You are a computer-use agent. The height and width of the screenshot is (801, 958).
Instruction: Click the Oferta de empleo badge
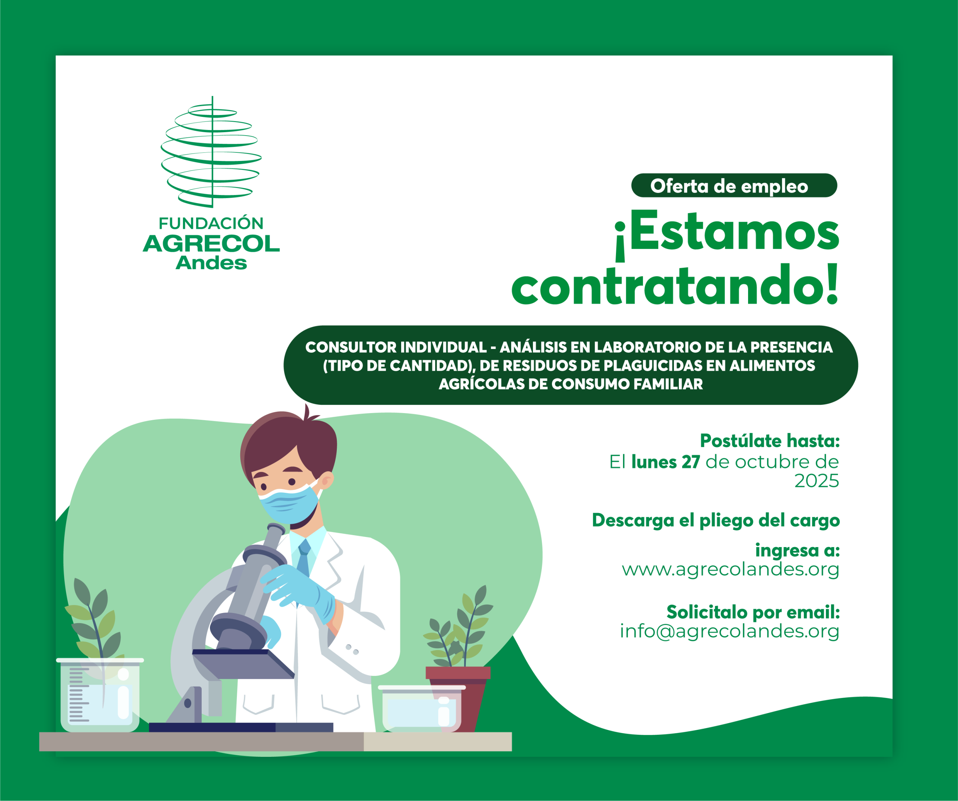pos(734,185)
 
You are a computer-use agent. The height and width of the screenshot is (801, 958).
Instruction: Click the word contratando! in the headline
pos(675,285)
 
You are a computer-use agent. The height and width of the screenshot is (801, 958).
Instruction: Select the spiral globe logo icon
pos(211,152)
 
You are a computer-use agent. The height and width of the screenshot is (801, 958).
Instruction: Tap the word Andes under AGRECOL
pos(211,263)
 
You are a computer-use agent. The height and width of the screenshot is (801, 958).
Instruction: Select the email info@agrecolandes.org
pos(729,631)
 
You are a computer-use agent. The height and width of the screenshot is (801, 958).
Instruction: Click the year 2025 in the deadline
pos(817,480)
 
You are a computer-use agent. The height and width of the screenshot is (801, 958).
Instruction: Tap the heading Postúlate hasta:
pos(770,441)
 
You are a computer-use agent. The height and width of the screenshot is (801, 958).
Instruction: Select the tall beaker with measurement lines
pos(100,695)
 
